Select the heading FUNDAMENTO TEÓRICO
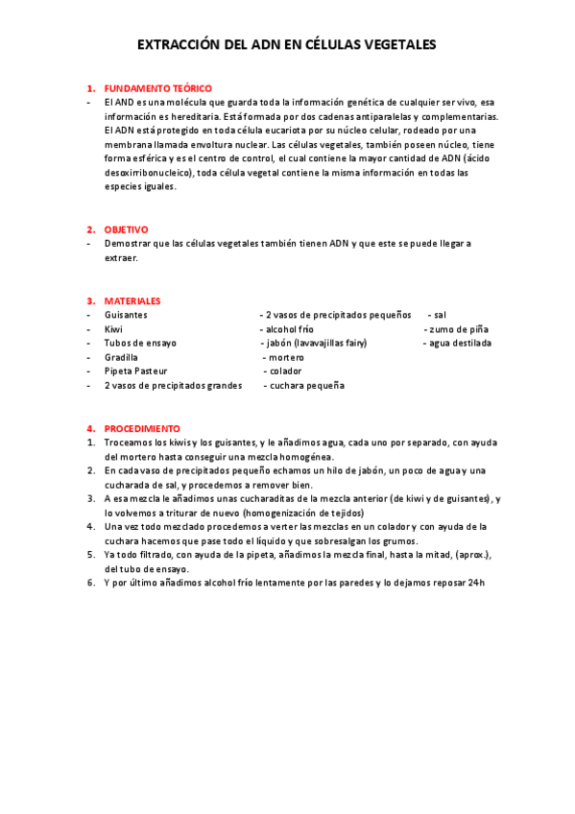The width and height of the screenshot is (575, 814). click(157, 88)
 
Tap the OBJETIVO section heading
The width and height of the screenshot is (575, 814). click(126, 229)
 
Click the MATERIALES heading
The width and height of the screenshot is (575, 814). click(132, 300)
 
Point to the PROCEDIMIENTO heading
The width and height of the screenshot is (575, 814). click(142, 428)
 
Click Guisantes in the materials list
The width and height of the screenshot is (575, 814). click(126, 315)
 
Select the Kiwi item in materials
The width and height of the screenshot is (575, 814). click(113, 329)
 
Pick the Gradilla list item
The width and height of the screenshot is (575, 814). click(121, 357)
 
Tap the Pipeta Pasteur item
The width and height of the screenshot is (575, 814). click(135, 371)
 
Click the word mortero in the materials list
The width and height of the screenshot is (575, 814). click(286, 357)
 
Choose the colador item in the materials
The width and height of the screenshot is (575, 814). click(285, 371)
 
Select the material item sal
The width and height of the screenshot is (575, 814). click(440, 315)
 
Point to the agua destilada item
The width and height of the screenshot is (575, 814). click(460, 343)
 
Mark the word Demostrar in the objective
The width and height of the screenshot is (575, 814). click(126, 244)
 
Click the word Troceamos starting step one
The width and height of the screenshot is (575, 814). click(130, 442)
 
